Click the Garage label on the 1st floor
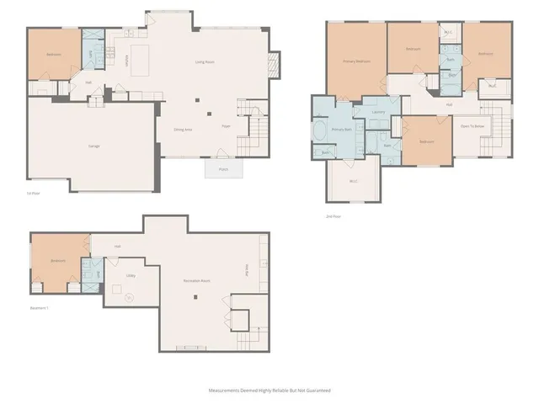(x=94, y=146)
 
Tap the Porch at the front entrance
(x=224, y=168)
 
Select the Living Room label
(x=205, y=61)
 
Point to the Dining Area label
(x=183, y=129)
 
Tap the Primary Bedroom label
(x=356, y=61)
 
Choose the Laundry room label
(x=378, y=111)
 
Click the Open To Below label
(x=472, y=126)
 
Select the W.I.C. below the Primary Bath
(x=354, y=180)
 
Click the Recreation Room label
(x=197, y=280)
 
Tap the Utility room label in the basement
(x=131, y=274)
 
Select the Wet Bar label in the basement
(x=247, y=268)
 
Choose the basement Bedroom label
(x=58, y=261)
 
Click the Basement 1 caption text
(x=39, y=307)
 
